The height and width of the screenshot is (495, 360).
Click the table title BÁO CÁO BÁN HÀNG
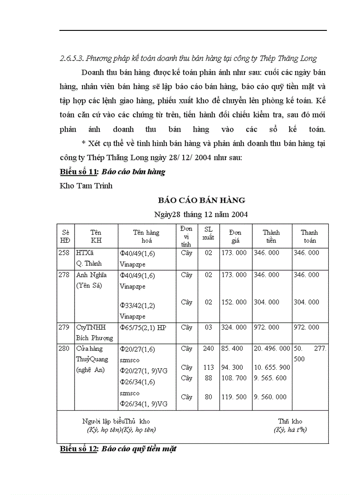click(x=202, y=200)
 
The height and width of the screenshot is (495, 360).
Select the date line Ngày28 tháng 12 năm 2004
click(x=201, y=215)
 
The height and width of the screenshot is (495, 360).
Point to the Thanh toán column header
click(x=309, y=236)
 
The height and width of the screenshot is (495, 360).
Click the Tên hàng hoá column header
click(x=146, y=236)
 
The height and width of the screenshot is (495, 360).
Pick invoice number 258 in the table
click(x=64, y=253)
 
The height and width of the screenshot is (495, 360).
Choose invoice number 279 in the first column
click(x=64, y=328)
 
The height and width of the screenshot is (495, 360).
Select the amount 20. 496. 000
click(x=272, y=348)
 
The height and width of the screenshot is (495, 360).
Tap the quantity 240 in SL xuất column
click(x=208, y=348)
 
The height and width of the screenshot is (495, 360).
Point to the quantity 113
click(x=208, y=367)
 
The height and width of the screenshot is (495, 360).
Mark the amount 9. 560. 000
click(x=270, y=397)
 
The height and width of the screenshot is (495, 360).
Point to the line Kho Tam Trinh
click(x=86, y=186)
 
